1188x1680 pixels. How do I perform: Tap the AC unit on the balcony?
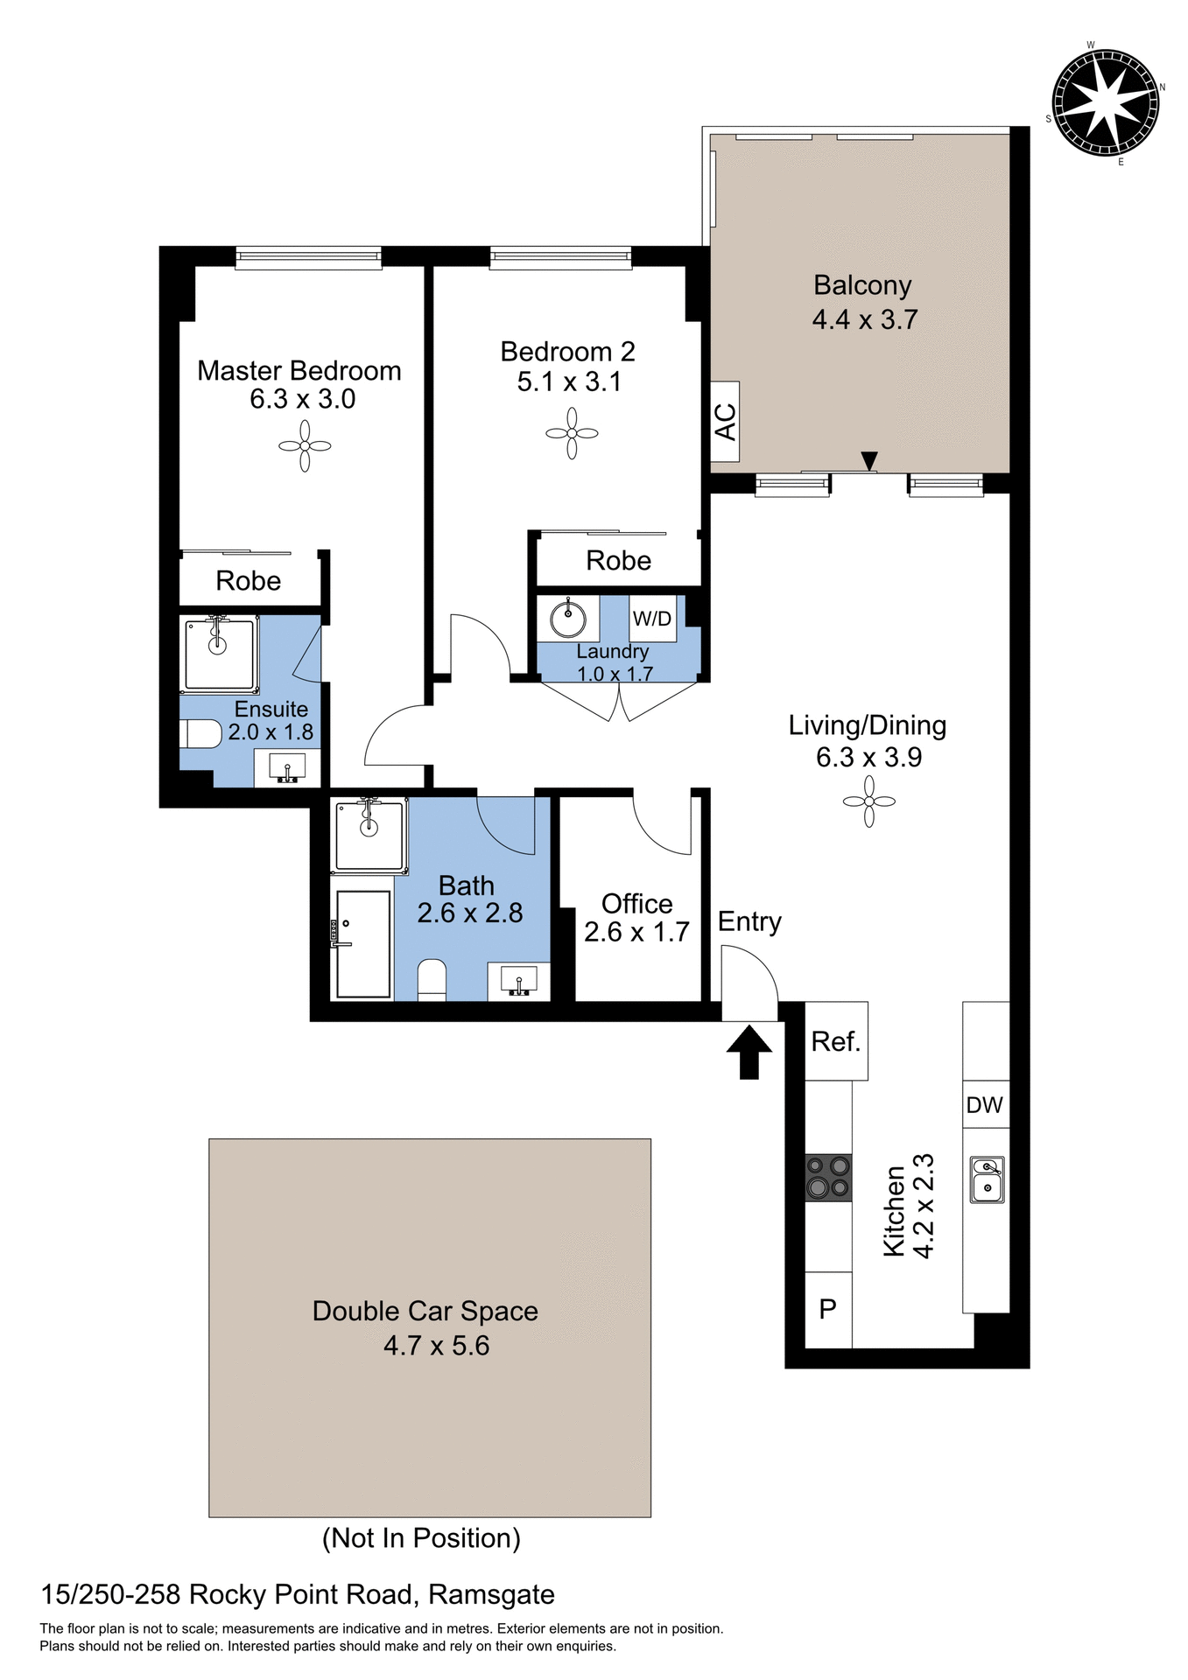click(x=725, y=422)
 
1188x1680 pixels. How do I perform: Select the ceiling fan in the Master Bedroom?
click(x=305, y=445)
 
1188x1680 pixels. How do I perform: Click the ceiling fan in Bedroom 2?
click(x=572, y=433)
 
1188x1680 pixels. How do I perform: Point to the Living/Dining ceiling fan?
click(x=868, y=801)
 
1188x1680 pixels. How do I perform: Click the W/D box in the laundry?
click(x=652, y=619)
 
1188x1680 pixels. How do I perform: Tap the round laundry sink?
click(x=568, y=619)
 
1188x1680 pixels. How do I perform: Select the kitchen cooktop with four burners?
click(x=828, y=1177)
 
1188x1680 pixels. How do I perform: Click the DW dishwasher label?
click(x=985, y=1105)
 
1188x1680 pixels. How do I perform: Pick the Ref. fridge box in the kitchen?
click(x=836, y=1041)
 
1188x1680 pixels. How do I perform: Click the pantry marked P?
click(x=828, y=1309)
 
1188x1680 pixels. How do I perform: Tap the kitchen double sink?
click(x=988, y=1179)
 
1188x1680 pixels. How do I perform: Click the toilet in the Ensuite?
click(x=200, y=733)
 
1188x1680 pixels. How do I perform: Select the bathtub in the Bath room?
click(x=363, y=945)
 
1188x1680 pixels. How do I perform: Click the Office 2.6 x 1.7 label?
click(x=636, y=918)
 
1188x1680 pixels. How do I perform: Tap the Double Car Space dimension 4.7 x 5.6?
click(x=436, y=1345)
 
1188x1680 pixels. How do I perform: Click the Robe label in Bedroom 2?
click(x=618, y=561)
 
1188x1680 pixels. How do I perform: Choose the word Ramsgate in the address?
click(x=491, y=1594)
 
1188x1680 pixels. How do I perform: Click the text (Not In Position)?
click(x=421, y=1537)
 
